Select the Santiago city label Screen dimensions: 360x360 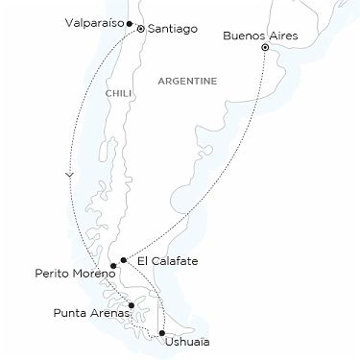tap(171, 30)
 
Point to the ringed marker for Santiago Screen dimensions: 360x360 tap(141, 30)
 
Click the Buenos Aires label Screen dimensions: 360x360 tap(254, 36)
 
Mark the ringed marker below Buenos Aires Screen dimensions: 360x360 tap(265, 47)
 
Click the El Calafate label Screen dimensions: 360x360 tap(161, 261)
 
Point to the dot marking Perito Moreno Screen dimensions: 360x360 tap(113, 266)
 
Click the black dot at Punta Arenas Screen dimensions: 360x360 tap(132, 305)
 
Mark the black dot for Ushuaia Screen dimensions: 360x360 tap(161, 333)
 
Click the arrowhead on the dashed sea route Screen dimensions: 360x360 tap(70, 175)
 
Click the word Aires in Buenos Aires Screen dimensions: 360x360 tap(274, 36)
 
